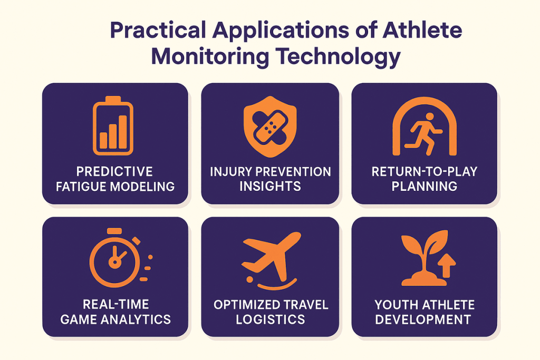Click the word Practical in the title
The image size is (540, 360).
pyautogui.click(x=158, y=30)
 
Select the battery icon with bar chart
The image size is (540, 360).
pyautogui.click(x=113, y=125)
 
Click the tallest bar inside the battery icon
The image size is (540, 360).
pyautogui.click(x=123, y=132)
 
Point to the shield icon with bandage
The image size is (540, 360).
pyautogui.click(x=270, y=127)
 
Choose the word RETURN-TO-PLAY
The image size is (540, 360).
pyautogui.click(x=425, y=171)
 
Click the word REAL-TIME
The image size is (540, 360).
pyautogui.click(x=115, y=304)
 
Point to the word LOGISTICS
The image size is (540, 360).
pyautogui.click(x=271, y=319)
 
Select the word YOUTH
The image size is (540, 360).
pyautogui.click(x=396, y=305)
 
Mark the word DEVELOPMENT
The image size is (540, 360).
pyautogui.click(x=423, y=319)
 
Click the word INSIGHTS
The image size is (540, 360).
pyautogui.click(x=270, y=186)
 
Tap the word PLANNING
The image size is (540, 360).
pyautogui.click(x=425, y=186)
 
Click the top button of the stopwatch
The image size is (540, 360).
pyautogui.click(x=114, y=230)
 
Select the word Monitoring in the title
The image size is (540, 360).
pyautogui.click(x=210, y=57)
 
